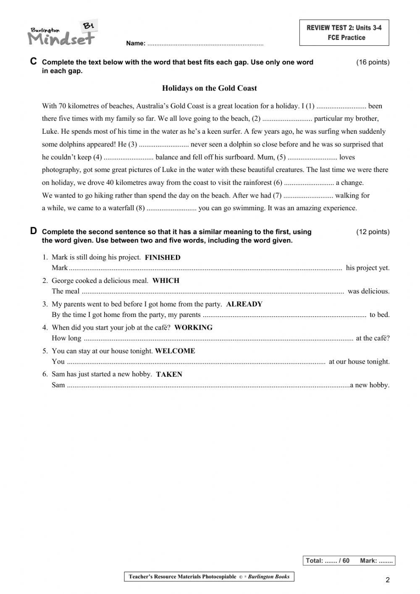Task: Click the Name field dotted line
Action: click(x=205, y=44)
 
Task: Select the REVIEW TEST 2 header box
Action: click(x=344, y=33)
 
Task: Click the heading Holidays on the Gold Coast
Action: click(x=209, y=88)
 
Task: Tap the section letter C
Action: click(x=34, y=61)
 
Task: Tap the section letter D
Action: click(x=34, y=231)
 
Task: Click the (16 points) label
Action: click(x=373, y=62)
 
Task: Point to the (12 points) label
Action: click(x=373, y=232)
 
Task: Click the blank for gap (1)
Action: click(x=341, y=106)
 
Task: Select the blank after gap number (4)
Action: click(x=129, y=158)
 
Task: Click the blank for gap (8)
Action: click(x=171, y=208)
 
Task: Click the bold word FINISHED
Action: click(x=163, y=258)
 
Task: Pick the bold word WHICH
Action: click(x=166, y=281)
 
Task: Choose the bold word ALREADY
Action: click(x=244, y=304)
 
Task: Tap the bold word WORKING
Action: click(x=193, y=327)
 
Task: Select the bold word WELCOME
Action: click(x=175, y=351)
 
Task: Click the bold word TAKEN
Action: click(x=169, y=375)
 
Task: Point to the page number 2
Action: click(x=387, y=580)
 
